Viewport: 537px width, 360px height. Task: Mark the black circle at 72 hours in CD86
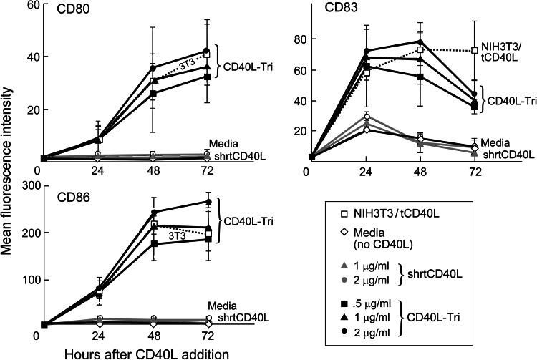(x=208, y=203)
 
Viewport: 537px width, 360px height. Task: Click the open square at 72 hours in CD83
(x=473, y=50)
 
